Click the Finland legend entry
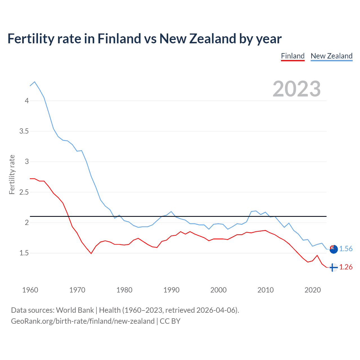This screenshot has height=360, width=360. coord(293,56)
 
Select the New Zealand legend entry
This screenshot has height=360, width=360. coord(331,56)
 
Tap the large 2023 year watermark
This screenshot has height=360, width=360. coord(297,89)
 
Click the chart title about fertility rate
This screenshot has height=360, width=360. coord(144,39)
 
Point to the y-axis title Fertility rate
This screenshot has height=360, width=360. coord(12,174)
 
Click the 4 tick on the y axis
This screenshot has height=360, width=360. coord(27,101)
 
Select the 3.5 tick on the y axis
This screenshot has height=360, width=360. coord(24,131)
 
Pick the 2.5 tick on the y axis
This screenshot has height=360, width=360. coord(24,192)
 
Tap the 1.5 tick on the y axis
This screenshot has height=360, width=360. coord(24,253)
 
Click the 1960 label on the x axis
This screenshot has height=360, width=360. coord(30,290)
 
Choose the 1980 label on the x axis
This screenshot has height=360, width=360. coord(124,290)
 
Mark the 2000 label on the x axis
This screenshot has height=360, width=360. coord(218,290)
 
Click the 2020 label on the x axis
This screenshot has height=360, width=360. coord(312,290)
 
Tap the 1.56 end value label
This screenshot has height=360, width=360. coord(346,249)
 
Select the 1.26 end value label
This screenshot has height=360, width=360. coord(346,267)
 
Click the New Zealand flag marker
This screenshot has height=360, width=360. coord(333,249)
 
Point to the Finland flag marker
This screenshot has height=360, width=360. coord(333,267)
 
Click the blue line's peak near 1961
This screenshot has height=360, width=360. coord(35,82)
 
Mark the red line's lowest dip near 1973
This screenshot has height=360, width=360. coord(91,253)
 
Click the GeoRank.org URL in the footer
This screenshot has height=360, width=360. coord(83,321)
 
